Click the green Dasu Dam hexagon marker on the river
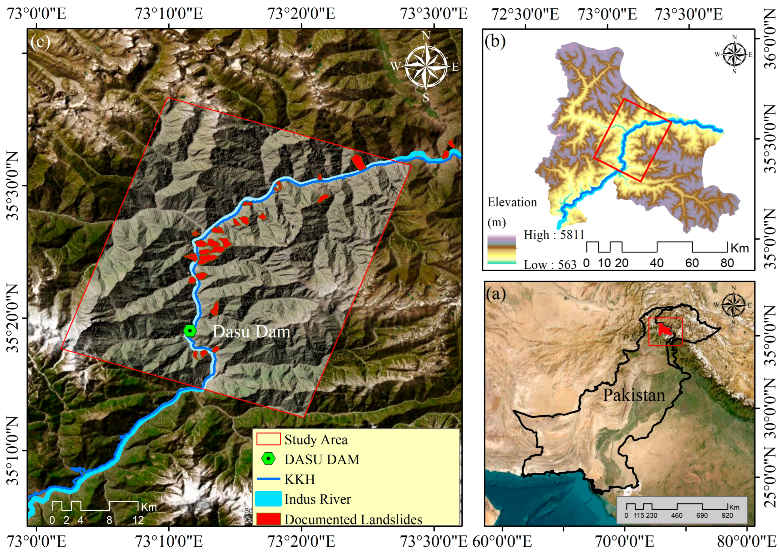point(190,330)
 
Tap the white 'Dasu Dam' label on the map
point(251,332)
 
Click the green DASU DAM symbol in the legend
point(268,459)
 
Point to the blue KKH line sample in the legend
point(268,479)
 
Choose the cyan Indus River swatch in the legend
point(268,499)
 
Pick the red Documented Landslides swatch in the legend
point(268,519)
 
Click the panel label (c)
point(40,41)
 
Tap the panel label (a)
point(496,294)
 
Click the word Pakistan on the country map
point(634,395)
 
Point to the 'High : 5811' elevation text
point(554,235)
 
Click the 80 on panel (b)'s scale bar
point(727,263)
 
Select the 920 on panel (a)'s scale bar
point(727,516)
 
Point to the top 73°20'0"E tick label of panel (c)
point(301,14)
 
